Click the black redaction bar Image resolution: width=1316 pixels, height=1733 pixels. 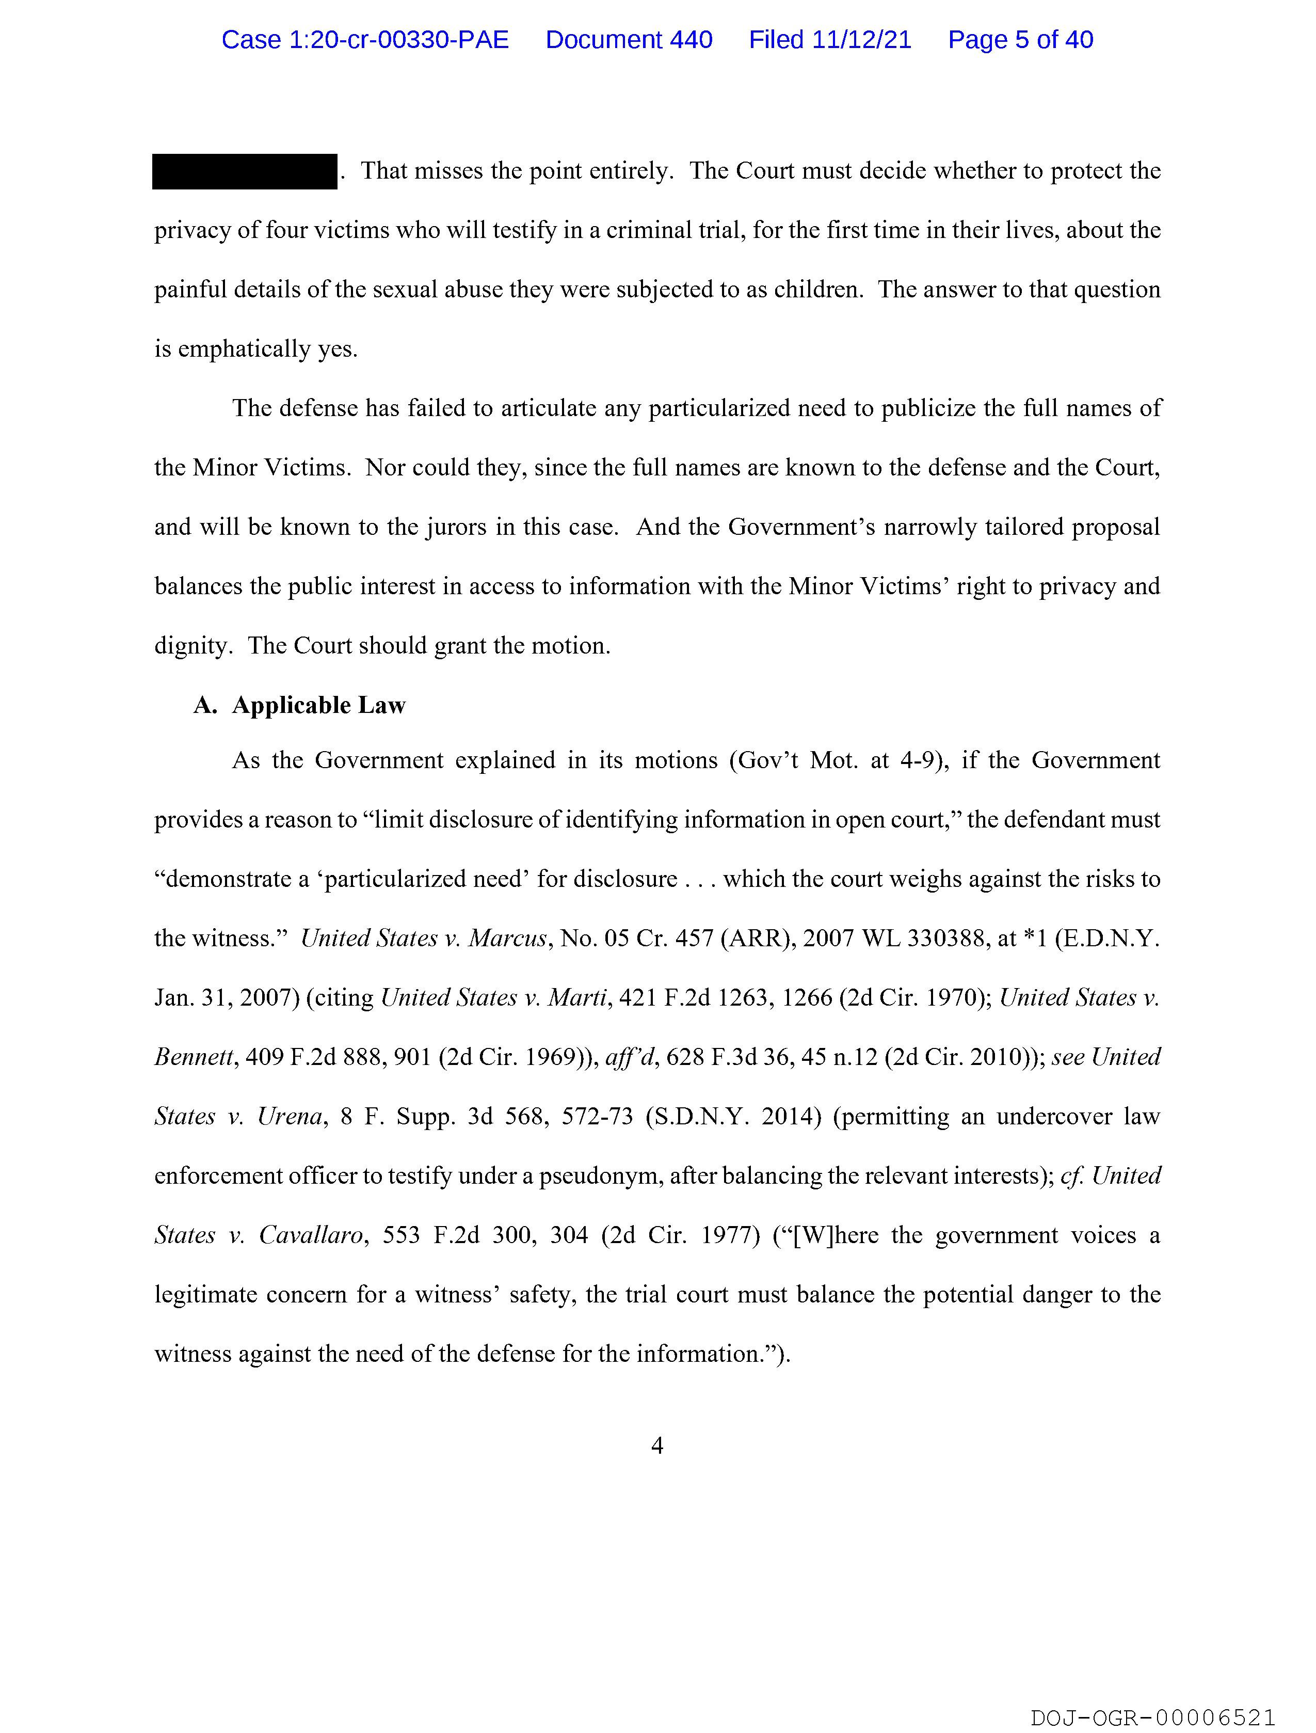click(245, 171)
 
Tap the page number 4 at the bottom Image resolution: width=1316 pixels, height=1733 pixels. click(657, 1445)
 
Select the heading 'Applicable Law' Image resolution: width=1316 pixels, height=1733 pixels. click(319, 705)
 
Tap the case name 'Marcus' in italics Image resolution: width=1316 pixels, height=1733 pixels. click(507, 938)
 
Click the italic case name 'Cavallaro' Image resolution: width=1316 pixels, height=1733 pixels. click(311, 1235)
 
